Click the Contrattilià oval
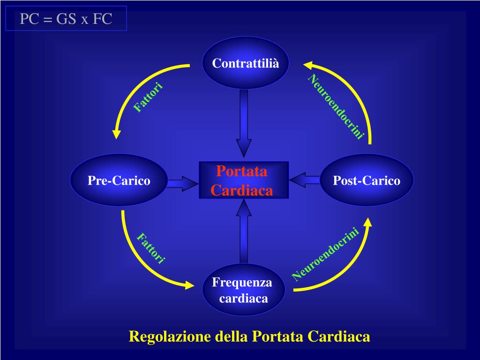[x=245, y=63]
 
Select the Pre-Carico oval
[x=119, y=180]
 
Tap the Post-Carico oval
[x=367, y=180]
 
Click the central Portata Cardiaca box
[x=243, y=180]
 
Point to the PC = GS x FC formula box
[x=66, y=19]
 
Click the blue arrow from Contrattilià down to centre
[x=244, y=122]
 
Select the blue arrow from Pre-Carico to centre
[x=182, y=183]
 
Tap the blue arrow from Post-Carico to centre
[x=305, y=180]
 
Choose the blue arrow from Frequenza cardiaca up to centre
[x=244, y=232]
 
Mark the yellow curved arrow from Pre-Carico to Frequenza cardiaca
[x=141, y=262]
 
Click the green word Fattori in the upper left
[x=148, y=97]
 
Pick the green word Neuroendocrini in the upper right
[x=336, y=106]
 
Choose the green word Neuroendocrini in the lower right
[x=325, y=254]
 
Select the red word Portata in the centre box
[x=242, y=172]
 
